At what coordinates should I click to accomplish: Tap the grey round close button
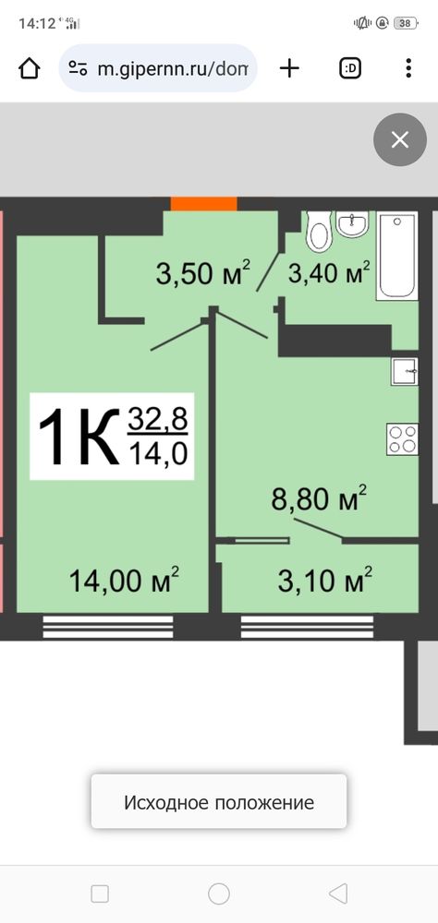400,139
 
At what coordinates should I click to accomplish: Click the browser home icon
29,69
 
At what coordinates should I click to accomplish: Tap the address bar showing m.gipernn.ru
158,68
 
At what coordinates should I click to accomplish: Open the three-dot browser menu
408,68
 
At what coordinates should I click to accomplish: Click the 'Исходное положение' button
219,802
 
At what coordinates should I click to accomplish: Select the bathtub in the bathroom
398,256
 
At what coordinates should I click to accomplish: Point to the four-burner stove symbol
403,438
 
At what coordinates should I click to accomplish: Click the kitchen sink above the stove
405,371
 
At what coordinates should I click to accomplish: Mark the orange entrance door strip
204,204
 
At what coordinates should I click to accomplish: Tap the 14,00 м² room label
124,580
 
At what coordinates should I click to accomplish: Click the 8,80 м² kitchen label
319,498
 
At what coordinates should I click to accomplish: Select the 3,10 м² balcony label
325,580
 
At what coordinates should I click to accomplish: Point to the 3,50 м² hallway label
203,273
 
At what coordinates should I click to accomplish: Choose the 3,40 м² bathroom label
329,272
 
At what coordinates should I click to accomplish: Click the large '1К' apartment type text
78,437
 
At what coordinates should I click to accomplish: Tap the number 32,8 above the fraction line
157,419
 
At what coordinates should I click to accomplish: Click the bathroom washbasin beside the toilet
352,224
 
